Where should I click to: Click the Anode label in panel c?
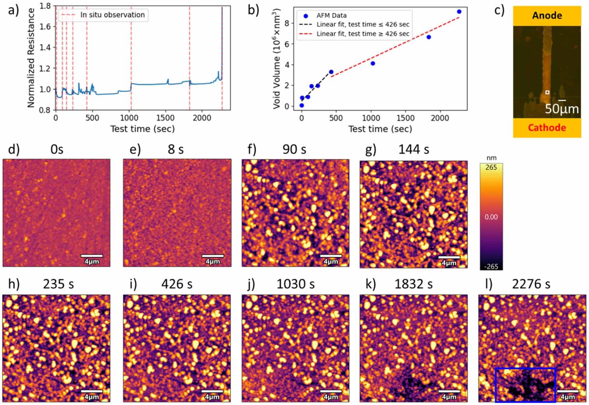[x=547, y=16]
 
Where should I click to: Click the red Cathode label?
[x=547, y=128]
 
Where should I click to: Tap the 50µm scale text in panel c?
[x=562, y=109]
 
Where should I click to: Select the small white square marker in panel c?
[x=547, y=92]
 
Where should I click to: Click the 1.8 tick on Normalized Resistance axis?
[x=45, y=6]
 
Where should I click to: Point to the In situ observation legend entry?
[x=112, y=15]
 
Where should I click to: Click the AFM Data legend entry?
[x=331, y=16]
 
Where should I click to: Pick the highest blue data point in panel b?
[x=459, y=12]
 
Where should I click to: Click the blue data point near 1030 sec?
[x=373, y=63]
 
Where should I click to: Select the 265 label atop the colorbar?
[x=491, y=167]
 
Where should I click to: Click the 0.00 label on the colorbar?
[x=491, y=217]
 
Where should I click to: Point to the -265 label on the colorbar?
[x=491, y=266]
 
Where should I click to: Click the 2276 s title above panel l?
[x=531, y=284]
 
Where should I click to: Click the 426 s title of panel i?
[x=177, y=284]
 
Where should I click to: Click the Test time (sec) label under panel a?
[x=142, y=129]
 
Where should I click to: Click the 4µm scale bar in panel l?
[x=567, y=394]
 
